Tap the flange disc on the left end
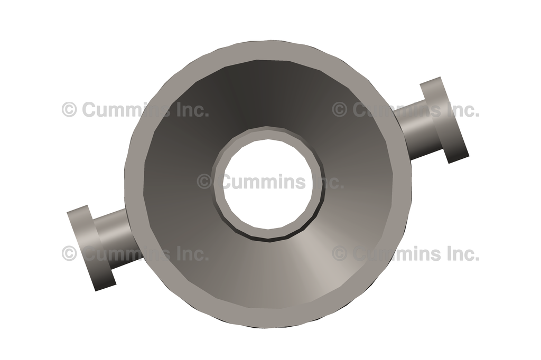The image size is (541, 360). (x=91, y=248)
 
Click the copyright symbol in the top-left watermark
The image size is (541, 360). (x=69, y=110)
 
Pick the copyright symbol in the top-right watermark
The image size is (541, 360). (x=340, y=110)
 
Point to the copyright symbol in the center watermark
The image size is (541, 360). (x=204, y=182)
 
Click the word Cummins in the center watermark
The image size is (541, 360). (x=263, y=182)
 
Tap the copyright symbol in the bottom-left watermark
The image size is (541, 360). (x=69, y=253)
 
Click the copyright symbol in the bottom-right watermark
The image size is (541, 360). (x=340, y=253)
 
